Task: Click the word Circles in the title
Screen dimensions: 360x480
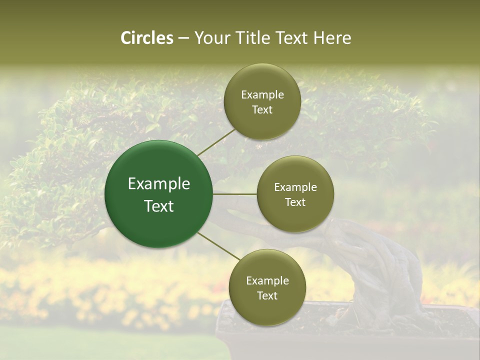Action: tap(147, 38)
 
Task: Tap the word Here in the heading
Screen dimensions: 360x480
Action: tap(332, 38)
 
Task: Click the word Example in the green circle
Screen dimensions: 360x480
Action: tap(159, 184)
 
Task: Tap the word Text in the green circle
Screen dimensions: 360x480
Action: tap(159, 206)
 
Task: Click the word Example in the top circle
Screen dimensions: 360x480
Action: tap(262, 94)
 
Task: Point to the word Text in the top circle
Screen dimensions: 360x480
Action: tap(262, 109)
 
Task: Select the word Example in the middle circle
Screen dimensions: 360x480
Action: tap(295, 187)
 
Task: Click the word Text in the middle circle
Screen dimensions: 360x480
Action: tap(295, 202)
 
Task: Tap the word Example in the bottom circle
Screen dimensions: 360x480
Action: tap(267, 280)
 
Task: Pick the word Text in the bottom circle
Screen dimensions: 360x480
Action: tap(267, 295)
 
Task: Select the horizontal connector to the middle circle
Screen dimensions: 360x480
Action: tap(235, 194)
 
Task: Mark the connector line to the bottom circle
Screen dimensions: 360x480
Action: tap(218, 246)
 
